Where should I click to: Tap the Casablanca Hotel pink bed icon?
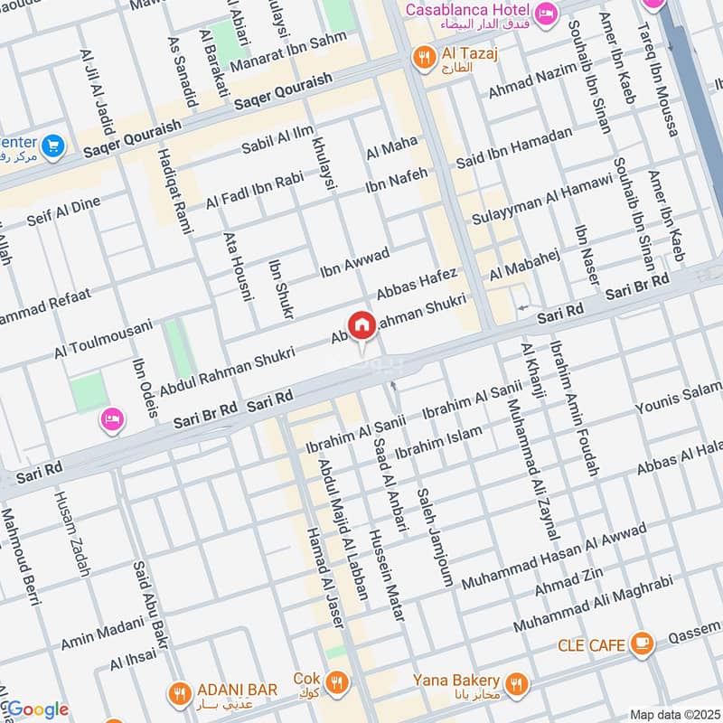click(x=546, y=13)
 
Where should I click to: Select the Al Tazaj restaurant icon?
click(x=421, y=59)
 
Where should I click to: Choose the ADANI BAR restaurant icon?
click(x=178, y=693)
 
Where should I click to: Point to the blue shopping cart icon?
click(x=53, y=145)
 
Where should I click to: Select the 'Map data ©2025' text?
click(x=673, y=715)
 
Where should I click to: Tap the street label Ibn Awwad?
click(x=354, y=261)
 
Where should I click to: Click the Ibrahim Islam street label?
click(x=439, y=439)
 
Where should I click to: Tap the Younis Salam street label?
click(x=680, y=399)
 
